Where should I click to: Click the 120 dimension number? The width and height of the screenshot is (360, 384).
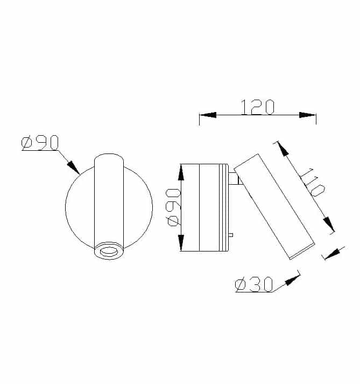click(257, 107)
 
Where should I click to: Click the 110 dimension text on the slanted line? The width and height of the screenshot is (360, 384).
click(312, 183)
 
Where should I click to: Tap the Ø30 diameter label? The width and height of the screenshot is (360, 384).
click(254, 285)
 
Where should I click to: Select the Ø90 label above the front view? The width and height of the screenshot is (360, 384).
click(40, 143)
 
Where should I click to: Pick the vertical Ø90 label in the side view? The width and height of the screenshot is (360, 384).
click(172, 207)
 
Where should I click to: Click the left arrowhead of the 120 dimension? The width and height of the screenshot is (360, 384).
click(208, 115)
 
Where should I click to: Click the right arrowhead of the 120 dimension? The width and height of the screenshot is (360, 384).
click(308, 115)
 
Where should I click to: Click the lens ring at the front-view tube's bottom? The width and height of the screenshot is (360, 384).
click(109, 251)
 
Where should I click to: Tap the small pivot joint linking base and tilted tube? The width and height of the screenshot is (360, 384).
click(236, 178)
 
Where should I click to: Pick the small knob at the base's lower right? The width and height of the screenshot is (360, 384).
click(231, 235)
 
